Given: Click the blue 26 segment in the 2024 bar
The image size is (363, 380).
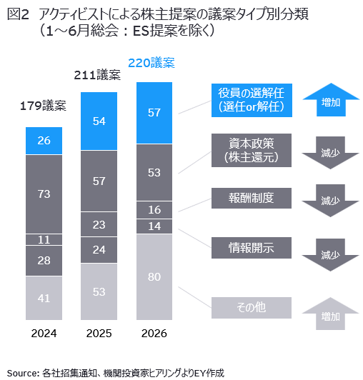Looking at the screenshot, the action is click(x=44, y=141).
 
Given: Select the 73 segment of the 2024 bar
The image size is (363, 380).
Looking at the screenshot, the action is click(x=44, y=194).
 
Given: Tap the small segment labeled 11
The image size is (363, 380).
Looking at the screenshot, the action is click(x=44, y=240).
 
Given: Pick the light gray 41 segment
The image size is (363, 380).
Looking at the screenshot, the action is click(x=44, y=298).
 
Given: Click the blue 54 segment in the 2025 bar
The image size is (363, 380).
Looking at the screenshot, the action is click(x=99, y=121).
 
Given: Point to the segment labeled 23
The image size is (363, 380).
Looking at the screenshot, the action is click(x=99, y=224).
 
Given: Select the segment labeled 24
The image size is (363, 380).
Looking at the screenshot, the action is click(x=99, y=250).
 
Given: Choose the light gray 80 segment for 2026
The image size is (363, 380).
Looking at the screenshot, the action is click(x=154, y=277).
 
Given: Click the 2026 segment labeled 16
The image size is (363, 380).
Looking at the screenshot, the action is click(x=154, y=210).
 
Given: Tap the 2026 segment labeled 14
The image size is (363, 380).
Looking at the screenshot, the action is click(x=154, y=226).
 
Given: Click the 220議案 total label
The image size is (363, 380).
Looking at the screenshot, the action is click(x=151, y=63).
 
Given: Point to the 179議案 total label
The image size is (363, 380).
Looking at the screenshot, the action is click(x=43, y=106).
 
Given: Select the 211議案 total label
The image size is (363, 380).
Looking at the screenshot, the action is click(x=97, y=75).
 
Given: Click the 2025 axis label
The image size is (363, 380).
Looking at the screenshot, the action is click(x=99, y=334).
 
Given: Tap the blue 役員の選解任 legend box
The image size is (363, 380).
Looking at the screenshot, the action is click(x=252, y=100).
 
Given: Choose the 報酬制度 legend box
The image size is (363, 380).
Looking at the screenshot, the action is click(x=252, y=198).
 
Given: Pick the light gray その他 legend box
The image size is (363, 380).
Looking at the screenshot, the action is click(x=252, y=308).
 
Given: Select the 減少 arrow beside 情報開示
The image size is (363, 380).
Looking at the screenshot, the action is click(x=330, y=254).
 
